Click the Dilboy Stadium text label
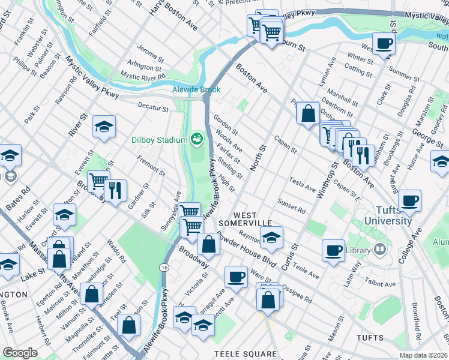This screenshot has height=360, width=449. pyautogui.click(x=160, y=140)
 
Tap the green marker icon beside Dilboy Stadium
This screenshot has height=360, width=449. pyautogui.click(x=196, y=140)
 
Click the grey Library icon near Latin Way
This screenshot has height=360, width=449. pyautogui.click(x=379, y=248)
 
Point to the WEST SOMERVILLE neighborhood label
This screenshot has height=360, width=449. pyautogui.click(x=249, y=219)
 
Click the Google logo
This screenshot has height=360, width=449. pyautogui.click(x=20, y=353)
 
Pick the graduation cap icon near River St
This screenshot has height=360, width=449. pyautogui.click(x=104, y=127)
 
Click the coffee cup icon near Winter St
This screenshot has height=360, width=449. pyautogui.click(x=384, y=43)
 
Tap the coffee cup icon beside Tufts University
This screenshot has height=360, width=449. pyautogui.click(x=409, y=200)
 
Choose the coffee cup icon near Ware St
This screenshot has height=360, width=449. pyautogui.click(x=236, y=277)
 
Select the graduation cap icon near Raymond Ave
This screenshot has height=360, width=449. pyautogui.click(x=271, y=238)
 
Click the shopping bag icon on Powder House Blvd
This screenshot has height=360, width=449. pyautogui.click(x=208, y=244)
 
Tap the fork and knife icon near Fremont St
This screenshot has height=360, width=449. pyautogui.click(x=115, y=190)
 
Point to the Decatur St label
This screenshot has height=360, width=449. pyautogui.click(x=153, y=109)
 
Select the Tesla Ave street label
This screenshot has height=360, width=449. pyautogui.click(x=302, y=184)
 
